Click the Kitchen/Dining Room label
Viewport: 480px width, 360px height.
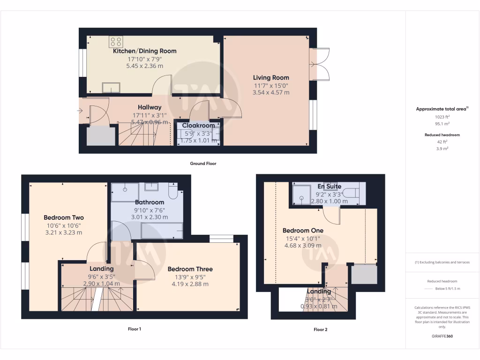pos(144,51)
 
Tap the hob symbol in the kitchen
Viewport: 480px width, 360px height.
pos(116,42)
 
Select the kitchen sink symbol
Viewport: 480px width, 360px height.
pos(111,87)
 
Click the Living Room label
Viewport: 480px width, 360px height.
pos(271,77)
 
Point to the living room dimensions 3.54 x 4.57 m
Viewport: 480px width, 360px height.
pos(271,92)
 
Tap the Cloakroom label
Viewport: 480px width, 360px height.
pos(198,125)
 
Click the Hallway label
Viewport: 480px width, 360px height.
pos(150,107)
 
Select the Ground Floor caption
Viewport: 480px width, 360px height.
pos(203,164)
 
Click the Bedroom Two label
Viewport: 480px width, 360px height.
pos(64,217)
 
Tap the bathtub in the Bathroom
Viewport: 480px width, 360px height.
pos(162,231)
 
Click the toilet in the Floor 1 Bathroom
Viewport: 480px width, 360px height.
pos(172,192)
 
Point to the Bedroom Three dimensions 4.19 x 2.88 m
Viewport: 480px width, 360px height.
pos(190,284)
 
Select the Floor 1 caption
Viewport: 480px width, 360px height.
pos(135,329)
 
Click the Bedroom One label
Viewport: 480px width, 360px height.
pos(303,231)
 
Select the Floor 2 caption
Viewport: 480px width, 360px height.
pos(320,330)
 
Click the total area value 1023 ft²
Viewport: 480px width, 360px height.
pos(442,117)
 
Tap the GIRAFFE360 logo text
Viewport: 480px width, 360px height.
pos(442,336)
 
